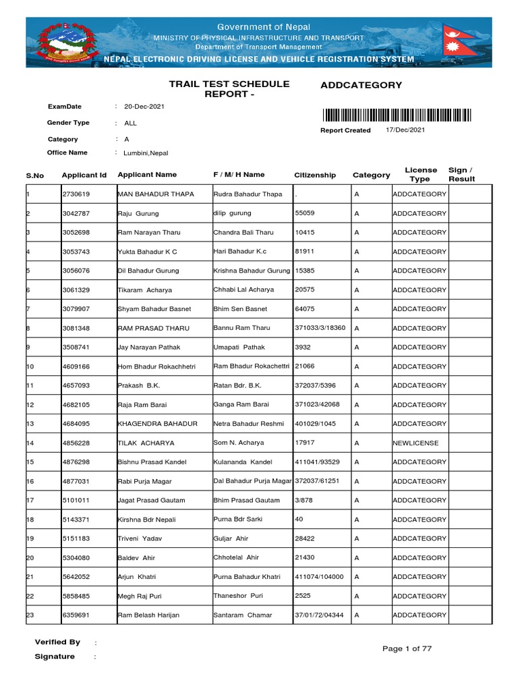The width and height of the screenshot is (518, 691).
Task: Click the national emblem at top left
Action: coord(61,42)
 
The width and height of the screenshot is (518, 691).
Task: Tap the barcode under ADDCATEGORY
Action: coord(396,115)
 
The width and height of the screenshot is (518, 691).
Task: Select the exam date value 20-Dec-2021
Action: coord(144,107)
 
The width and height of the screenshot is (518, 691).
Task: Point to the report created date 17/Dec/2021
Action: coord(405,130)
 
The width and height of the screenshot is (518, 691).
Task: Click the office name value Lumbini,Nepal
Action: coord(146,153)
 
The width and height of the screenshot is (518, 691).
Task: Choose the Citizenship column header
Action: coord(315,175)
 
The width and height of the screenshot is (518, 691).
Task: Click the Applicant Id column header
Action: coord(84,175)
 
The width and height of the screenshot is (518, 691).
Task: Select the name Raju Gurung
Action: coord(138,213)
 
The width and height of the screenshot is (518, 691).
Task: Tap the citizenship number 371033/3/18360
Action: coord(320,328)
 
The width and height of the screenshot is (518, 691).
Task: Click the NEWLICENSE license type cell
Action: coord(415,443)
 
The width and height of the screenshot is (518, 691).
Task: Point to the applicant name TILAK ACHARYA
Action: coord(146,443)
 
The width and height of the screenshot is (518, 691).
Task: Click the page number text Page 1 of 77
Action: coord(407,648)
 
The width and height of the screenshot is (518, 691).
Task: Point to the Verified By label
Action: coord(57,642)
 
